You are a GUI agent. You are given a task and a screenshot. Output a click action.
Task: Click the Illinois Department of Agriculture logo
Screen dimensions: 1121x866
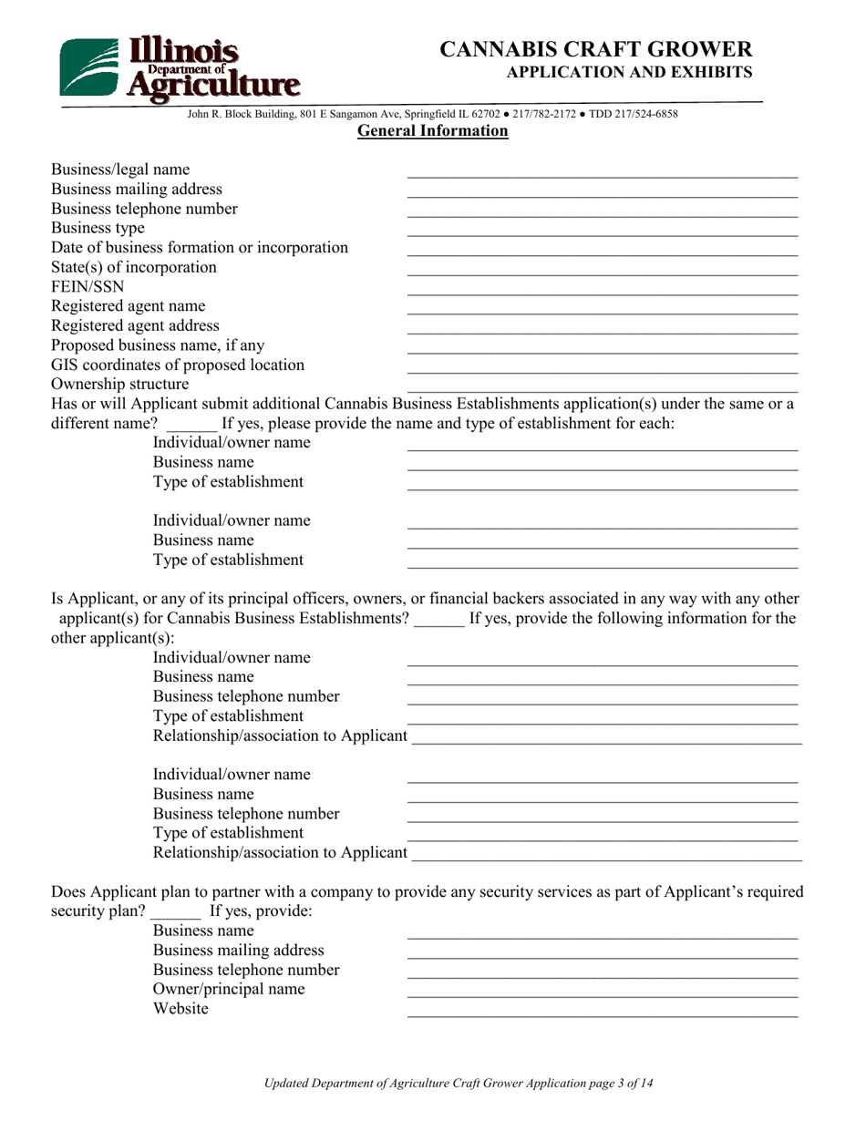179,67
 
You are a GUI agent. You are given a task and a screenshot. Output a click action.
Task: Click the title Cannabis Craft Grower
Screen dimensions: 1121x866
596,49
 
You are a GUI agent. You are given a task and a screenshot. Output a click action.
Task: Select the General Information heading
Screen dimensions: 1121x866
432,131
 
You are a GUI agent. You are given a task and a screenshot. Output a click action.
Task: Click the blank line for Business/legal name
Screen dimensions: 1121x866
602,175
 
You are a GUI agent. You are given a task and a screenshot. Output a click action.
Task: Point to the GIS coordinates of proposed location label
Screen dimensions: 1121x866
178,365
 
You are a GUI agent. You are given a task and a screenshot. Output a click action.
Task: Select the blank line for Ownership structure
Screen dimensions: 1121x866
602,390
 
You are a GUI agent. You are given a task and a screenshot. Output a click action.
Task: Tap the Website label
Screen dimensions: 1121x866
180,1009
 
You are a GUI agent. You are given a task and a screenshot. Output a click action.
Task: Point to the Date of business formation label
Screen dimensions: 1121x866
199,248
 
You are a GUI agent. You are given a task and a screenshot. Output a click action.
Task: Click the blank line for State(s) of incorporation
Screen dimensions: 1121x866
602,273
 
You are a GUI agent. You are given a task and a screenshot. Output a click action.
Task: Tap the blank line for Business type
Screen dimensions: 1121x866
602,234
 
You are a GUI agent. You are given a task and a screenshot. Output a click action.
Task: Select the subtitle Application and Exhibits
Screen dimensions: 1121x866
629,72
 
